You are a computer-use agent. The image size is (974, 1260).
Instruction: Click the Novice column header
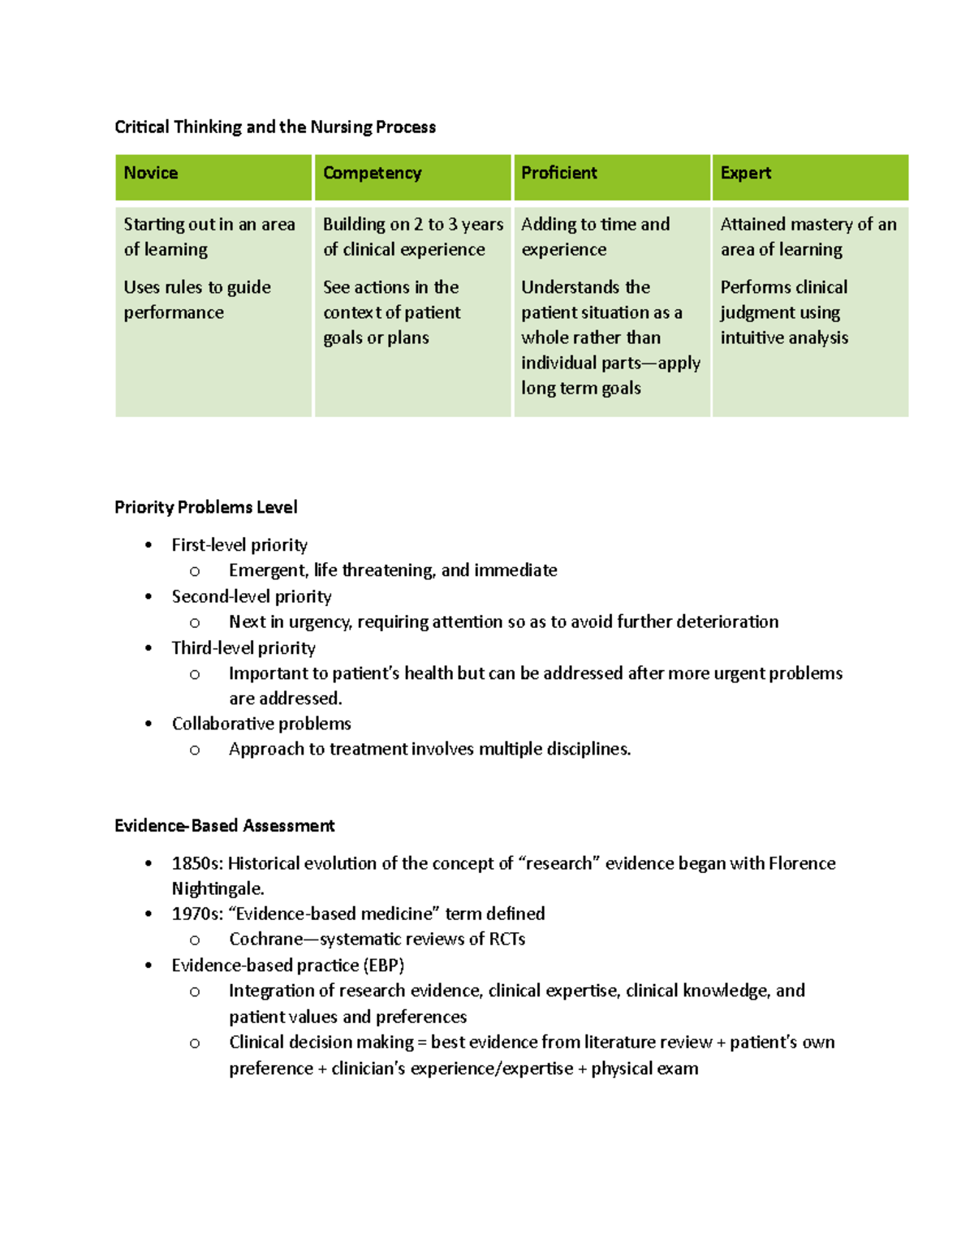click(x=151, y=173)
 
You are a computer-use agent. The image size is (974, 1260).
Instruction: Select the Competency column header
click(x=372, y=173)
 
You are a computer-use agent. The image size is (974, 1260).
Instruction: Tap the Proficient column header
click(x=558, y=173)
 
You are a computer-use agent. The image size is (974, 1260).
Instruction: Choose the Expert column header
click(x=745, y=173)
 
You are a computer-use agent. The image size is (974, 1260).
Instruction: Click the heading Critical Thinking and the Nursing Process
click(x=275, y=127)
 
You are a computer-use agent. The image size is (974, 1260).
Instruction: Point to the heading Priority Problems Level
click(x=205, y=507)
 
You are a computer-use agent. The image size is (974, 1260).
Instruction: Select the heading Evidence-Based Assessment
click(x=224, y=826)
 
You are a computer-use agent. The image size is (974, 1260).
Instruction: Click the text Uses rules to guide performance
click(x=196, y=299)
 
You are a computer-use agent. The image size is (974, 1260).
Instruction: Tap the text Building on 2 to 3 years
click(x=412, y=225)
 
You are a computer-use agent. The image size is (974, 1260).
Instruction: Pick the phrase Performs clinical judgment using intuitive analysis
click(x=783, y=312)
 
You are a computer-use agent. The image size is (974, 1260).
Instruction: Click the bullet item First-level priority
click(x=239, y=545)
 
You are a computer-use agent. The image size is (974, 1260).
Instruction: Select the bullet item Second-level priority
click(x=252, y=596)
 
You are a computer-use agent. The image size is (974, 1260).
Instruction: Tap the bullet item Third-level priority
click(x=243, y=648)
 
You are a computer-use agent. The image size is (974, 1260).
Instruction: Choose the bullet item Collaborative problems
click(x=261, y=724)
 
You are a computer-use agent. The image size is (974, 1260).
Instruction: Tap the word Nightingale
click(x=218, y=888)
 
